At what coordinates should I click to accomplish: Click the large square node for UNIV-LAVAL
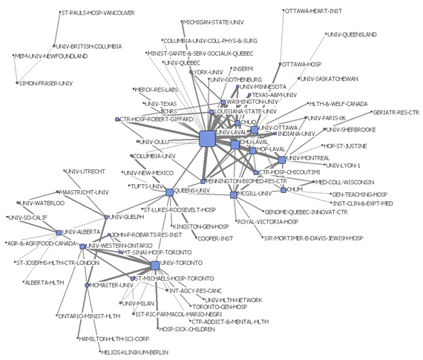207,137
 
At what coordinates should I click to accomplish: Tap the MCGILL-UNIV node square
233,194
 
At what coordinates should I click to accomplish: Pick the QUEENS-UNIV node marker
169,191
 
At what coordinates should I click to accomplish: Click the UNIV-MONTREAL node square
283,158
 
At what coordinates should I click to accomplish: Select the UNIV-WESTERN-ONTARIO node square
82,246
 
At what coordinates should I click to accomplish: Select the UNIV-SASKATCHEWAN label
330,78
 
